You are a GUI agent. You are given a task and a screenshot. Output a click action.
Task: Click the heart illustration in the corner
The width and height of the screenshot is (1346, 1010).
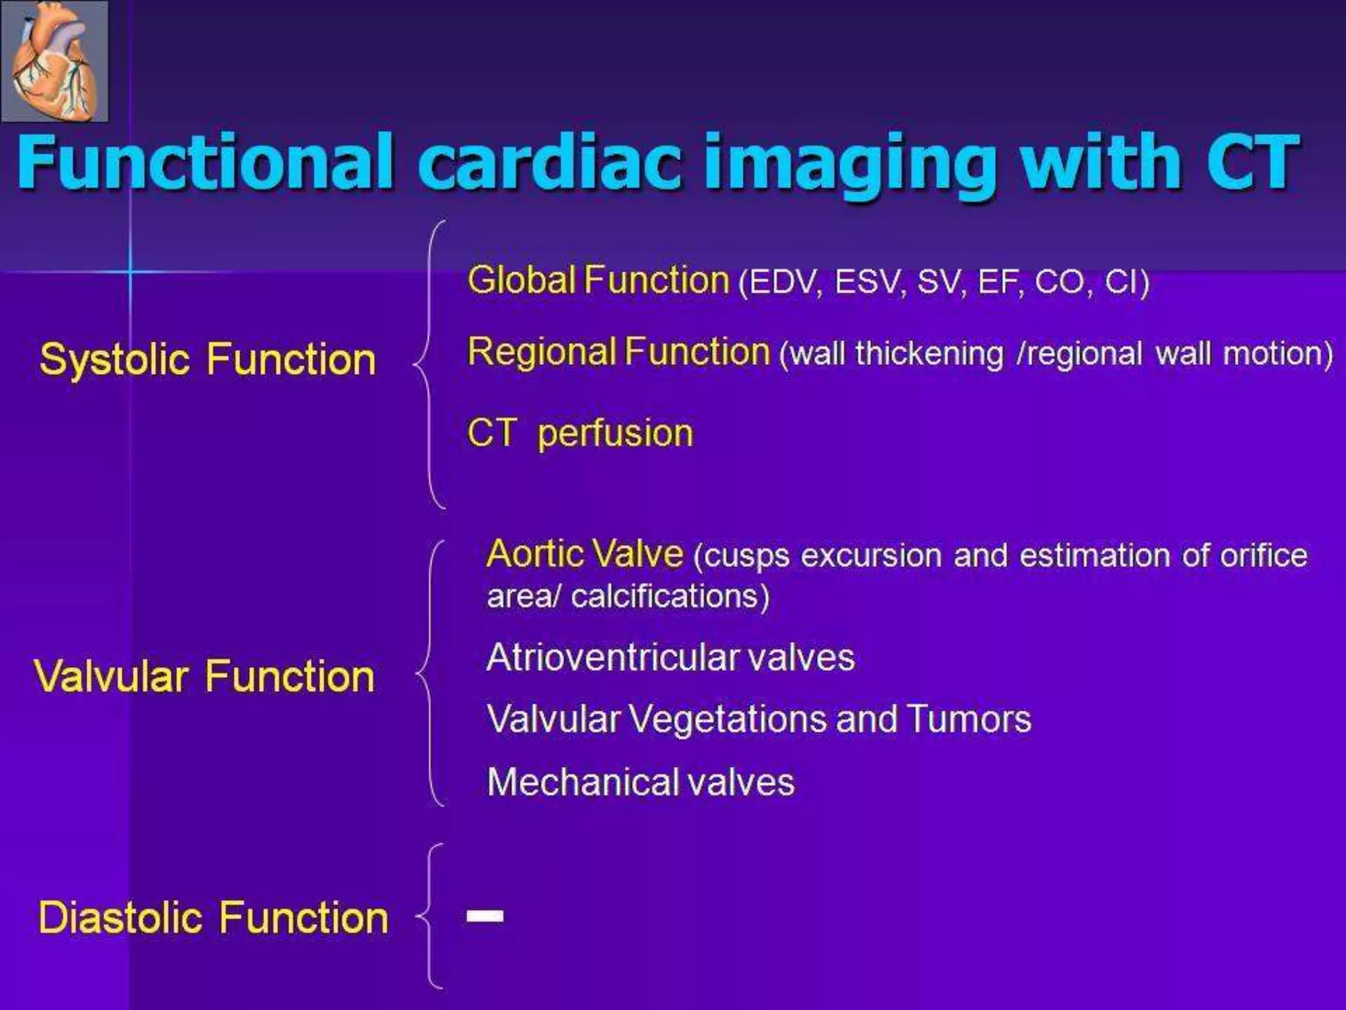[x=55, y=61]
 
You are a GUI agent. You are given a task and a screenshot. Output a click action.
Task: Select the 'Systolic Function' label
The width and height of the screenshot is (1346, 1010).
[x=208, y=360]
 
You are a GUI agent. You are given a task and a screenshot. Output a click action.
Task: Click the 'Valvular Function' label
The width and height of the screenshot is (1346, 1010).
[x=204, y=677]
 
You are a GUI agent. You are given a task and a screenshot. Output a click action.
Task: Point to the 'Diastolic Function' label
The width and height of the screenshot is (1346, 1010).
[x=214, y=918]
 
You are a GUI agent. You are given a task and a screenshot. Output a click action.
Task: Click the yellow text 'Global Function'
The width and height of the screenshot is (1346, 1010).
[x=598, y=280]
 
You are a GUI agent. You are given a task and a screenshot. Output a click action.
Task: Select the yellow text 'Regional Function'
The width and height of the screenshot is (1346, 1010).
[x=618, y=351]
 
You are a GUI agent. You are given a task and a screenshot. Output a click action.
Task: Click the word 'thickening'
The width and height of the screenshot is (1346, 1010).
[x=929, y=354]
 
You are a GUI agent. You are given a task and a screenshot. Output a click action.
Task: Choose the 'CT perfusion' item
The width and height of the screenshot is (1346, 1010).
[x=580, y=434]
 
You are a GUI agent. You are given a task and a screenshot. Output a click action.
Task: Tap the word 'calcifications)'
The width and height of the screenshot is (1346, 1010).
[x=670, y=596]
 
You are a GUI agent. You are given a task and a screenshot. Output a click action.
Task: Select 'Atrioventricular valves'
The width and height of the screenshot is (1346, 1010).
[x=670, y=658]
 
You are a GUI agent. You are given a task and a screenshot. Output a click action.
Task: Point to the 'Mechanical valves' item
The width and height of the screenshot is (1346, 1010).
[x=641, y=782]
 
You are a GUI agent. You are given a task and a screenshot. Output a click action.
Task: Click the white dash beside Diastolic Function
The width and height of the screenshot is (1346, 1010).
[x=485, y=916]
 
